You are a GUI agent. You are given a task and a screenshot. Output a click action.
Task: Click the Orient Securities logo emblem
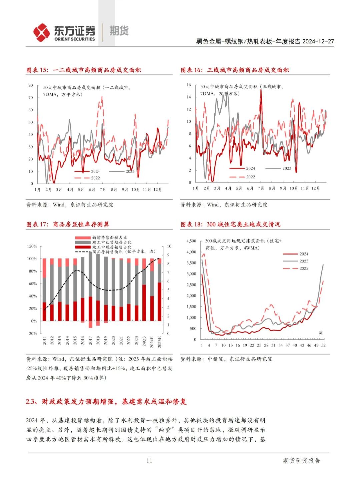click(x=41, y=32)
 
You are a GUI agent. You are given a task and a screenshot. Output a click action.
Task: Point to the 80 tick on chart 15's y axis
click(x=31, y=85)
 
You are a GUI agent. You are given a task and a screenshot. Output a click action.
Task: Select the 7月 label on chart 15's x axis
click(x=103, y=189)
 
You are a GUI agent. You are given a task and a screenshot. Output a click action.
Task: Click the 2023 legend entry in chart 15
click(x=130, y=171)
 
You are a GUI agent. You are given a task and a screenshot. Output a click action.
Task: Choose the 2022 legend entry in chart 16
click(x=250, y=177)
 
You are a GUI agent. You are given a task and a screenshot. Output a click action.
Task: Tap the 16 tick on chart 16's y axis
click(x=189, y=85)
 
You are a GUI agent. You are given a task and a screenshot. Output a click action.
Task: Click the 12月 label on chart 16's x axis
click(x=315, y=188)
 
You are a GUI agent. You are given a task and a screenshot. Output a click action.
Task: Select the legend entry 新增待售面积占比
click(x=109, y=237)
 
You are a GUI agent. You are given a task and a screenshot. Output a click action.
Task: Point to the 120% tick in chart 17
click(x=32, y=246)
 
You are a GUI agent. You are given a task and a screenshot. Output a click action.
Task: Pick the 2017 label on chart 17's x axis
click(x=90, y=340)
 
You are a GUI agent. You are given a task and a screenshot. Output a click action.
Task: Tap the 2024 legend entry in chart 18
click(x=304, y=254)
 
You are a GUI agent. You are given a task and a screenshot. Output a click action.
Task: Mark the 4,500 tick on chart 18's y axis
click(x=191, y=241)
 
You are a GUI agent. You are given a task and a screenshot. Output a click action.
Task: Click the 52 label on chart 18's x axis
click(x=323, y=345)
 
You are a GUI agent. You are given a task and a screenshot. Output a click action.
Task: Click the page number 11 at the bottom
click(x=149, y=461)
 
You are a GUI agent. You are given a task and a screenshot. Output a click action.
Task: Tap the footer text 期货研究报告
click(x=301, y=461)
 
